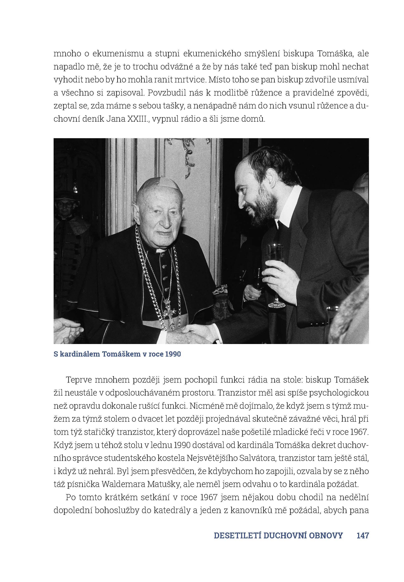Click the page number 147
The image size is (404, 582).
pos(362,535)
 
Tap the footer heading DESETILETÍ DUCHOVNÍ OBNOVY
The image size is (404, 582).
pos(278,535)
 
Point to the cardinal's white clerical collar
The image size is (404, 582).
pos(160,251)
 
